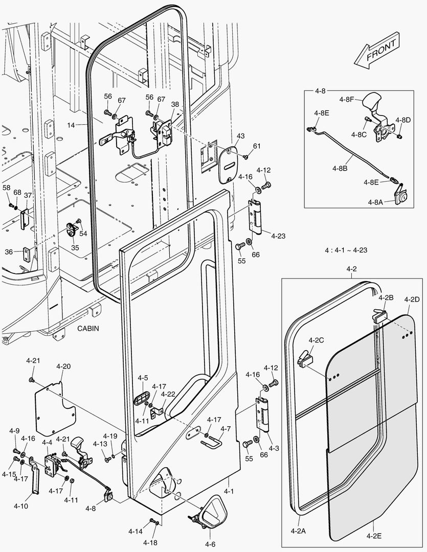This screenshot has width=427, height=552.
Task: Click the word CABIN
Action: (x=88, y=329)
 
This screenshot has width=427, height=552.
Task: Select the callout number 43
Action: (x=240, y=136)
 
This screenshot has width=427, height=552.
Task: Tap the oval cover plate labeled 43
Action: (x=229, y=165)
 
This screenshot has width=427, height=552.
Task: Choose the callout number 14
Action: (x=71, y=124)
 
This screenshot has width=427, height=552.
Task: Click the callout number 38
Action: (x=175, y=104)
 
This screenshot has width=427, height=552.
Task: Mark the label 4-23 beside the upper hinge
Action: (x=278, y=236)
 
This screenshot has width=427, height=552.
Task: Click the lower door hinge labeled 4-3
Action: (x=264, y=415)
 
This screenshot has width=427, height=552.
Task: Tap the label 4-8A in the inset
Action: (x=375, y=202)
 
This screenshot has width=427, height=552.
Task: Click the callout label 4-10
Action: (x=21, y=506)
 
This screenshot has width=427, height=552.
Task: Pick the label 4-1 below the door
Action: (x=229, y=491)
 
